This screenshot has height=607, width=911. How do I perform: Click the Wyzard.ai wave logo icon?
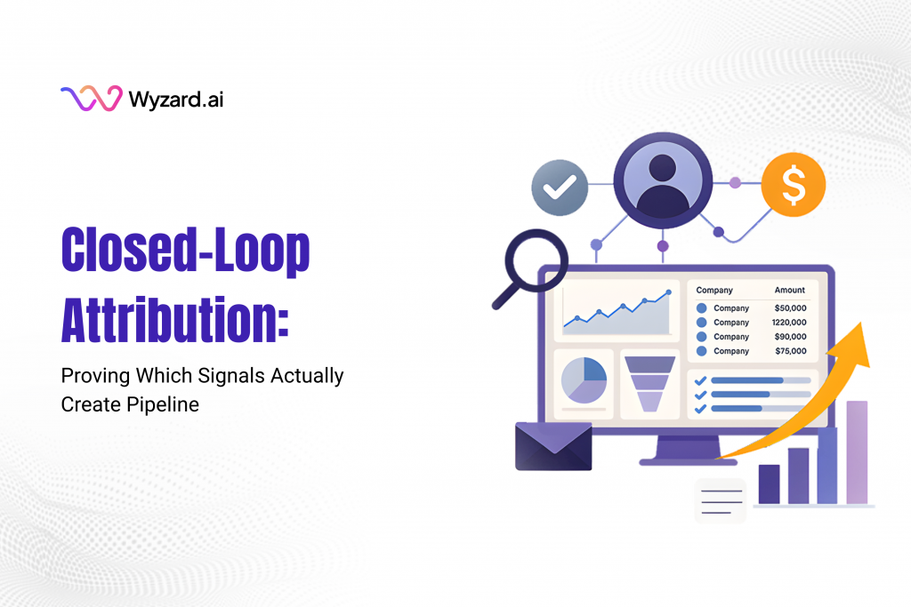point(90,99)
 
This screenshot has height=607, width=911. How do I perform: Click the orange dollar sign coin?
point(794,185)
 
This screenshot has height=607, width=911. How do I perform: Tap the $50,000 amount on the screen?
point(790,308)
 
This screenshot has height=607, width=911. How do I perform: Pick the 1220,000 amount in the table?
point(789,323)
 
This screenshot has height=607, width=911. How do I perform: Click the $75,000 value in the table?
point(790,351)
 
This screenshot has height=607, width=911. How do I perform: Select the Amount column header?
point(789,290)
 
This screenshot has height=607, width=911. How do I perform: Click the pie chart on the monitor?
point(584,379)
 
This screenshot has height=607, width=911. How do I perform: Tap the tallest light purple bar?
point(856,452)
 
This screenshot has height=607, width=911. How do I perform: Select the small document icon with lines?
point(720,500)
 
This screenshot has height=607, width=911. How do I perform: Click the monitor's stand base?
point(676,460)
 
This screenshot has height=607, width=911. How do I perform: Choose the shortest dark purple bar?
point(769,484)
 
